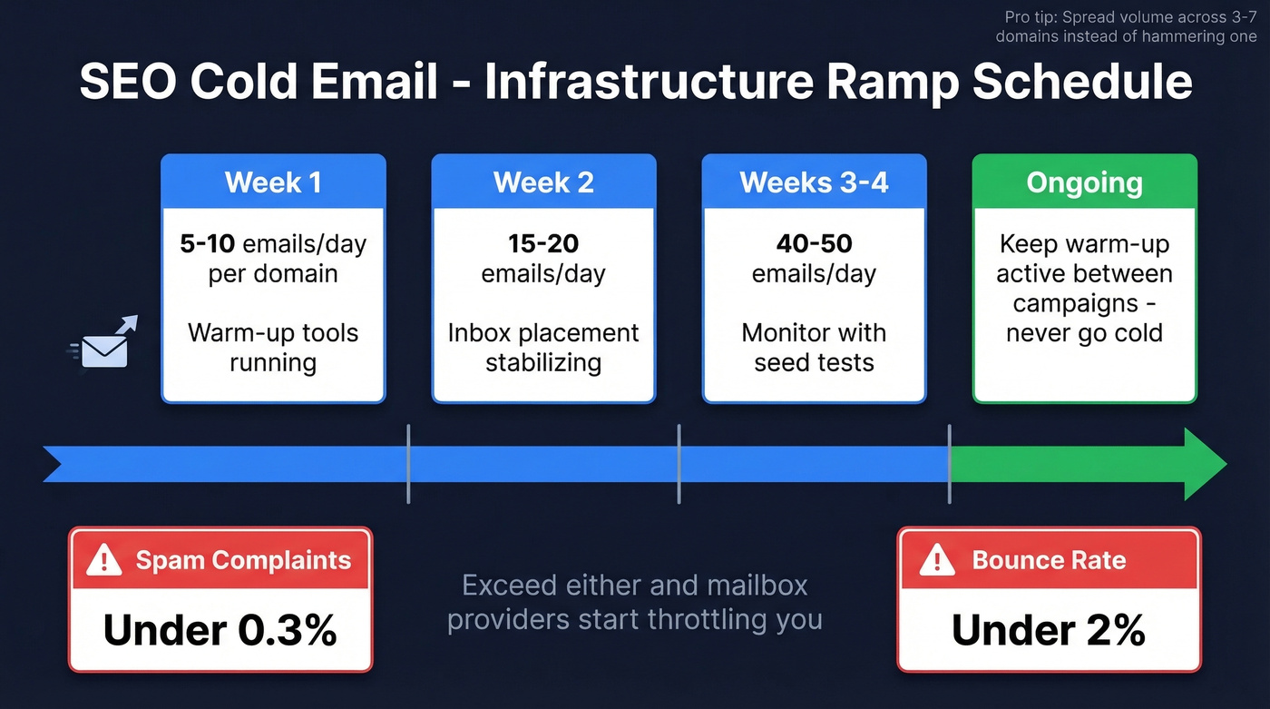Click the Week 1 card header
(x=273, y=182)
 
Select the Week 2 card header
(x=543, y=182)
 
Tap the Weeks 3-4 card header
(x=814, y=182)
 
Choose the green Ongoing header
(x=1084, y=182)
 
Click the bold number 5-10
(x=206, y=244)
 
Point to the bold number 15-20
(x=543, y=244)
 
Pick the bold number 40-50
(x=814, y=244)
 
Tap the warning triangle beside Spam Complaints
(x=104, y=560)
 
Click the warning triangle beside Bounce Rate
(x=936, y=560)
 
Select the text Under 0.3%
(x=220, y=629)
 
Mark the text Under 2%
(x=1048, y=629)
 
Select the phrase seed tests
(x=814, y=362)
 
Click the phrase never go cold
(x=1084, y=332)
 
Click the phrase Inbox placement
(x=543, y=332)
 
